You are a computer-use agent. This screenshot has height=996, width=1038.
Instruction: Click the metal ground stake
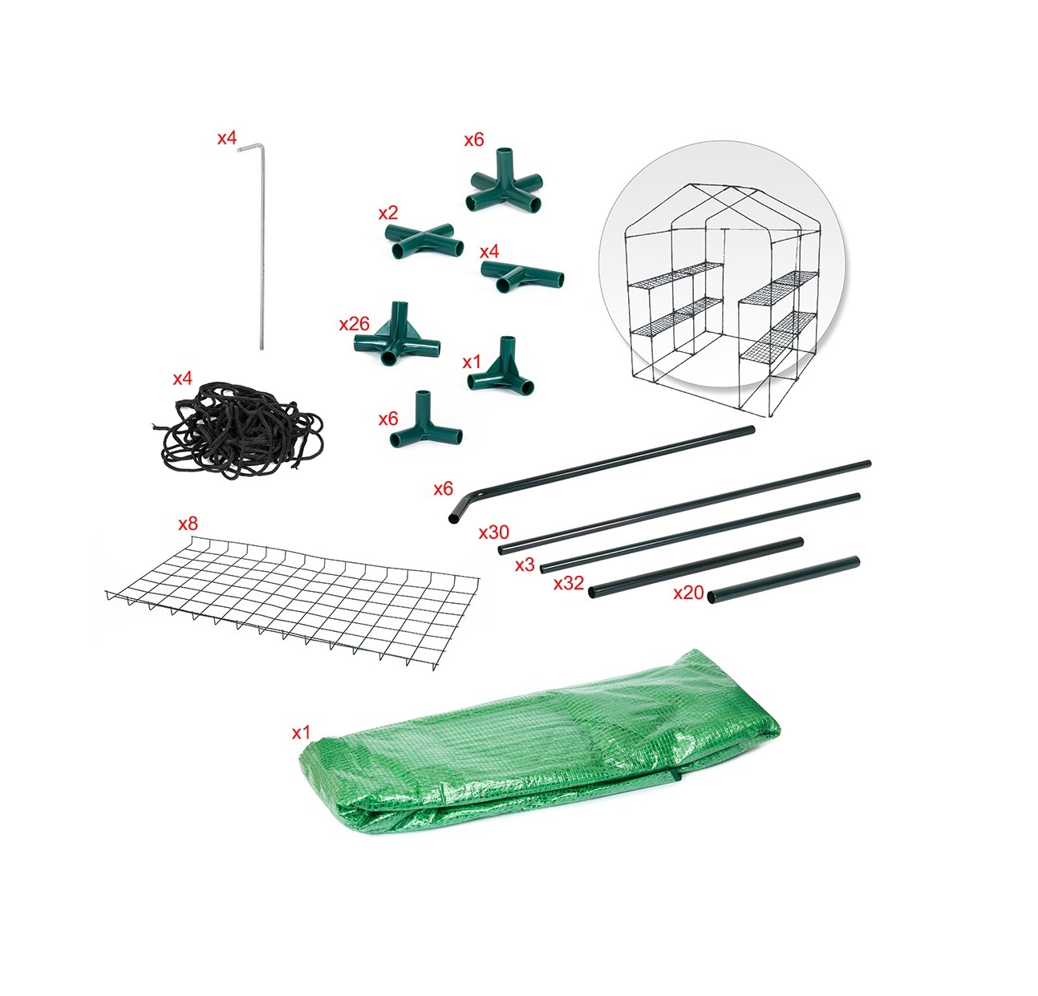(x=262, y=250)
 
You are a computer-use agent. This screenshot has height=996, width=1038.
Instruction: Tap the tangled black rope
(x=237, y=429)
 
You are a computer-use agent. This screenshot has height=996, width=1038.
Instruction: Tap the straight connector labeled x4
(x=521, y=276)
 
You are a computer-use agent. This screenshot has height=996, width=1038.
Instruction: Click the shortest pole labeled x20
(x=784, y=580)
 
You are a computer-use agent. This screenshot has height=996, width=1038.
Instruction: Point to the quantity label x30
(x=494, y=532)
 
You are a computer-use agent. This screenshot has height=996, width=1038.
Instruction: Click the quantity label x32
(x=569, y=583)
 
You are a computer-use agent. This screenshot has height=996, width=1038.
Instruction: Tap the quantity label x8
(x=188, y=524)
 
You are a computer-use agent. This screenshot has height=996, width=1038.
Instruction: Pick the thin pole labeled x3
(x=700, y=533)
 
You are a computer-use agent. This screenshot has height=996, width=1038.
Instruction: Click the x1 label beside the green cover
(x=301, y=733)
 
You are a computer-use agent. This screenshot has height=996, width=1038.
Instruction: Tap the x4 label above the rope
(x=182, y=379)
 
